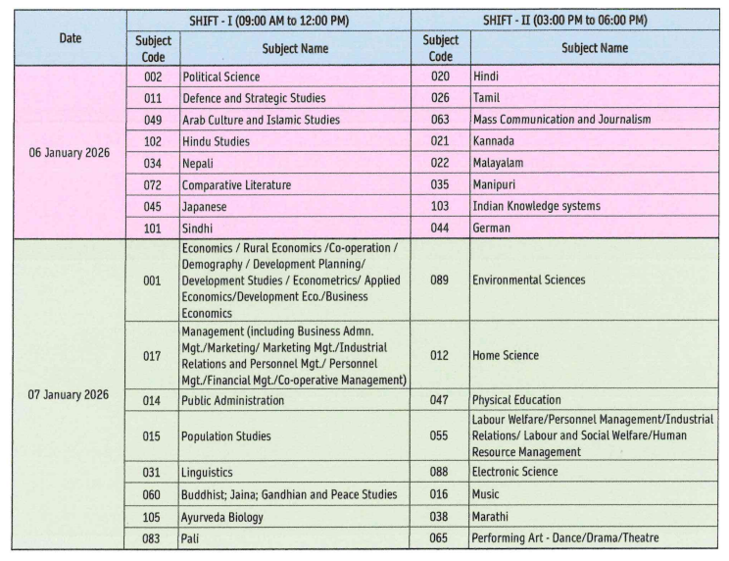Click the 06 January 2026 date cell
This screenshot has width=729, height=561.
point(69,152)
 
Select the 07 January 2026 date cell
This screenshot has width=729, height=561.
point(69,394)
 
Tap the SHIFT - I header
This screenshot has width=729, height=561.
point(268,21)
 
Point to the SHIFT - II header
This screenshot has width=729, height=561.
point(566,21)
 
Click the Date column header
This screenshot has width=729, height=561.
point(69,37)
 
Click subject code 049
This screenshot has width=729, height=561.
point(151,119)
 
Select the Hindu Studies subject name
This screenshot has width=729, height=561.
point(216,140)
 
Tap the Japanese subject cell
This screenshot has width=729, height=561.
point(206,206)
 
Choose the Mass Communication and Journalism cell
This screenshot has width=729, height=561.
point(560,119)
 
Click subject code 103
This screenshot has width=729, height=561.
point(440,206)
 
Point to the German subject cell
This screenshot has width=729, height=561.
point(493,228)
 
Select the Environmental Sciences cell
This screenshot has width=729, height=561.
point(528,280)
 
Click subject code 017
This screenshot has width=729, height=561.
point(151,356)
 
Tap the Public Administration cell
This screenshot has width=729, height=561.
point(233,400)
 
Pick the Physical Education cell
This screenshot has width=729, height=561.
point(516,400)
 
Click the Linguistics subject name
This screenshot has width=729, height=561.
point(208,472)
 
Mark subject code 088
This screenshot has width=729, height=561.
point(440,472)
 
